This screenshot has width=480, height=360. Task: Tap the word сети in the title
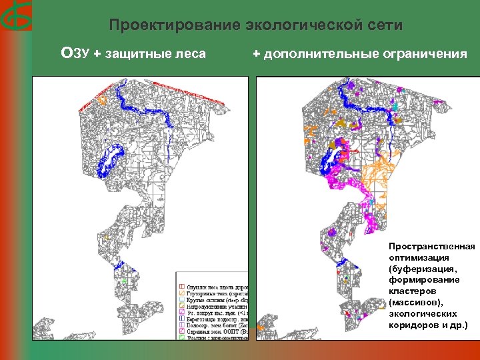385,26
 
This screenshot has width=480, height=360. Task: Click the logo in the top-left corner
15,14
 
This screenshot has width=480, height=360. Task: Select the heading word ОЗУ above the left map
75,53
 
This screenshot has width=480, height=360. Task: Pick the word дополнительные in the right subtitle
319,54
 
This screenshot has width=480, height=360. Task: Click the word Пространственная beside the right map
431,247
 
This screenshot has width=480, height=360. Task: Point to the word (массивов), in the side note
417,303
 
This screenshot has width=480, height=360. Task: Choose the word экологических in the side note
423,315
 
